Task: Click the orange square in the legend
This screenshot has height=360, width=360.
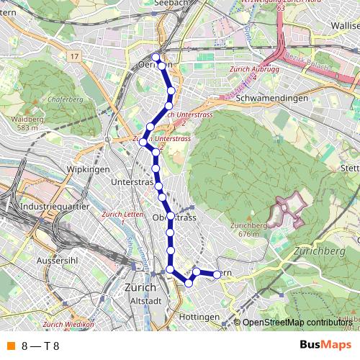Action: [11, 346]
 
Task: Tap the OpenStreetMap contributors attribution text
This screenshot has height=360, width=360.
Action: [297, 322]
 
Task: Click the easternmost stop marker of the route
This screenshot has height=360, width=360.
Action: [217, 274]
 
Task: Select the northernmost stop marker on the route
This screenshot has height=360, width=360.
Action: [156, 57]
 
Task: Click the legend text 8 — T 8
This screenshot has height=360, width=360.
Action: [40, 346]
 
